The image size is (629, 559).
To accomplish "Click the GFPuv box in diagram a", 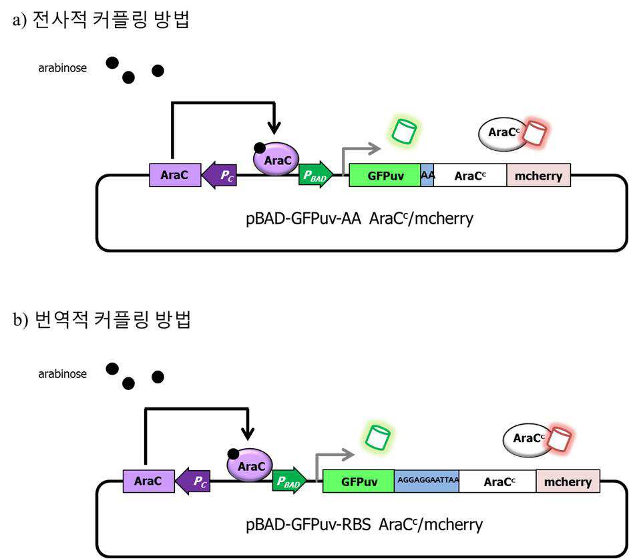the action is (x=385, y=176).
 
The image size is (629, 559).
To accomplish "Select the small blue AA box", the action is (x=427, y=176).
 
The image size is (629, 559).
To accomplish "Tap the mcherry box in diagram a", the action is (x=538, y=176).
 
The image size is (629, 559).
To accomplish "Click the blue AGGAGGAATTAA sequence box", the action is (x=427, y=481).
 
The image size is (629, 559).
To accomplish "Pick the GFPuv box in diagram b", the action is (x=359, y=481).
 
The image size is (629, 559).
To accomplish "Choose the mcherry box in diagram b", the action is (x=568, y=481).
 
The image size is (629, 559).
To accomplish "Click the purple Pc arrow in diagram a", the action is (x=219, y=176).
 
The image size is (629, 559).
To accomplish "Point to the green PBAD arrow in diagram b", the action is (x=289, y=481).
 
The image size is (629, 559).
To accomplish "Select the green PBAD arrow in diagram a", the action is (x=316, y=175).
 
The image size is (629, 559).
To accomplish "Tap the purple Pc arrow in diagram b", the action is (x=193, y=481).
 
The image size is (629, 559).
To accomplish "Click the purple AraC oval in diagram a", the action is (x=276, y=160).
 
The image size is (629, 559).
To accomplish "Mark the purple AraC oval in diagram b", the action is (x=250, y=465).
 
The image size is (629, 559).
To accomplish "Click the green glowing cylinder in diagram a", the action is (x=404, y=131).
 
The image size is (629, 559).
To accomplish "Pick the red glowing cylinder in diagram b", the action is (x=560, y=438).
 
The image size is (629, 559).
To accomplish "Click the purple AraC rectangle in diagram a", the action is (x=175, y=175).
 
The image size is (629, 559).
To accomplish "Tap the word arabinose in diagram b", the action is (x=63, y=374).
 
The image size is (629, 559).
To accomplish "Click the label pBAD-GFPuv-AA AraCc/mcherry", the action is (x=359, y=218).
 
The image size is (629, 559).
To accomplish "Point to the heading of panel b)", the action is (x=102, y=319).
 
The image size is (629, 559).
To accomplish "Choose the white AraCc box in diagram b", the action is (x=498, y=481).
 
